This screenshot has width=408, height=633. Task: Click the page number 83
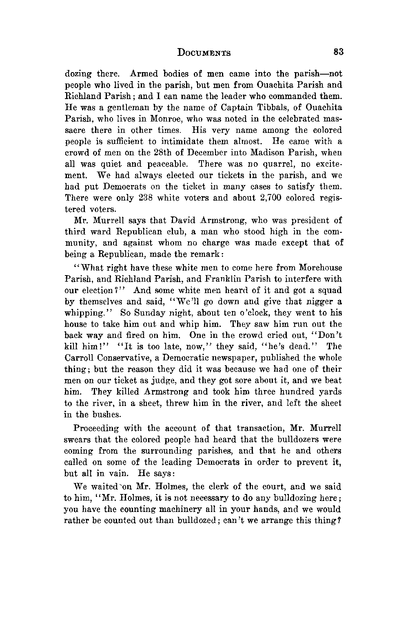(x=339, y=52)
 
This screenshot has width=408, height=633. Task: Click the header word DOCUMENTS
(x=204, y=53)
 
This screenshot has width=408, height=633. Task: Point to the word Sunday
(x=147, y=313)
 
